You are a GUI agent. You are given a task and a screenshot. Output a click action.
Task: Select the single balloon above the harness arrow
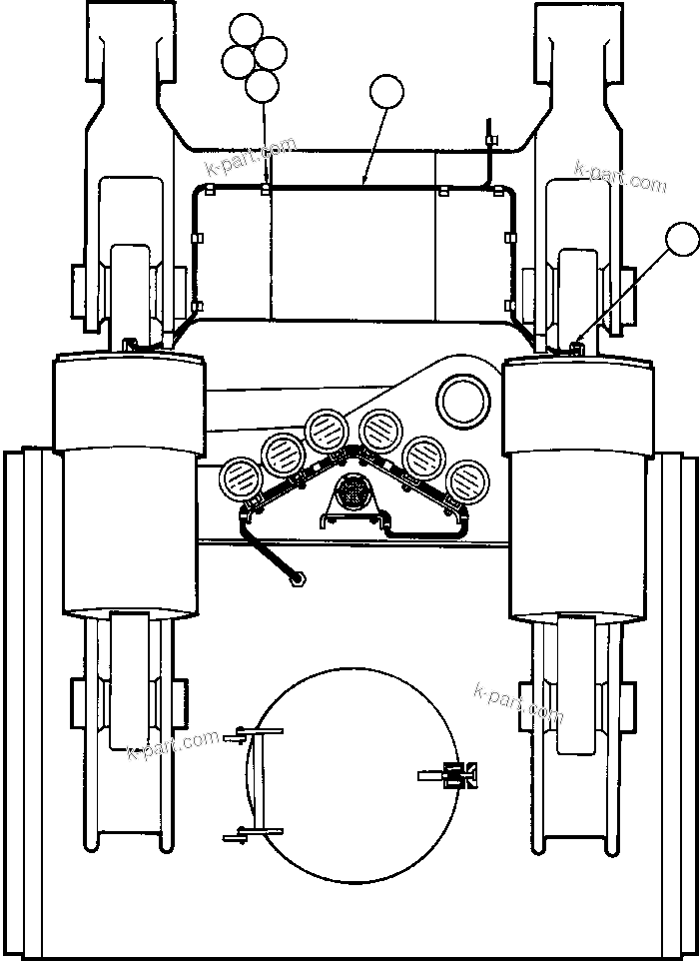(386, 93)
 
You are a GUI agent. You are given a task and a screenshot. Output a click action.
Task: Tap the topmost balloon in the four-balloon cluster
(244, 31)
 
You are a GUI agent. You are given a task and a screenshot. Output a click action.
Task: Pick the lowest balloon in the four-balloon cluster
(262, 86)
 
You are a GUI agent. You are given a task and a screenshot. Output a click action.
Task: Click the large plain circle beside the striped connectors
(465, 401)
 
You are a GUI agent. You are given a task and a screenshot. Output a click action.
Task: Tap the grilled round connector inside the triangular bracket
(352, 492)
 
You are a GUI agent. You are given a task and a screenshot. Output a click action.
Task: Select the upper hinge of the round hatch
(245, 737)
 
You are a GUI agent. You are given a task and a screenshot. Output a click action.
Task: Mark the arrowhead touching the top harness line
(365, 183)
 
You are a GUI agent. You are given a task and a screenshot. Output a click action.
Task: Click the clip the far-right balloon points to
(575, 346)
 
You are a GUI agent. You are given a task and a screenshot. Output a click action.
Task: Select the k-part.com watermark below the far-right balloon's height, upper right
(619, 178)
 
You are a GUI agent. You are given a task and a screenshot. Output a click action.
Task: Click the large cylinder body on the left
(130, 489)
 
